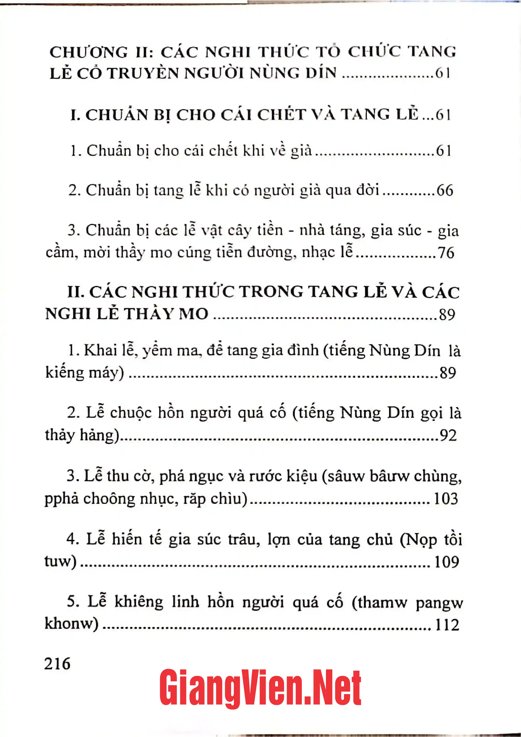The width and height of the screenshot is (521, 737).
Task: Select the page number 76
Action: click(x=446, y=253)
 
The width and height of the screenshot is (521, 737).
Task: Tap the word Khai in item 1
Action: click(x=100, y=350)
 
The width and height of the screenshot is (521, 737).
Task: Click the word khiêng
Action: click(x=139, y=602)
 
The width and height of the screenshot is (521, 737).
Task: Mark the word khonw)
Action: click(x=71, y=624)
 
